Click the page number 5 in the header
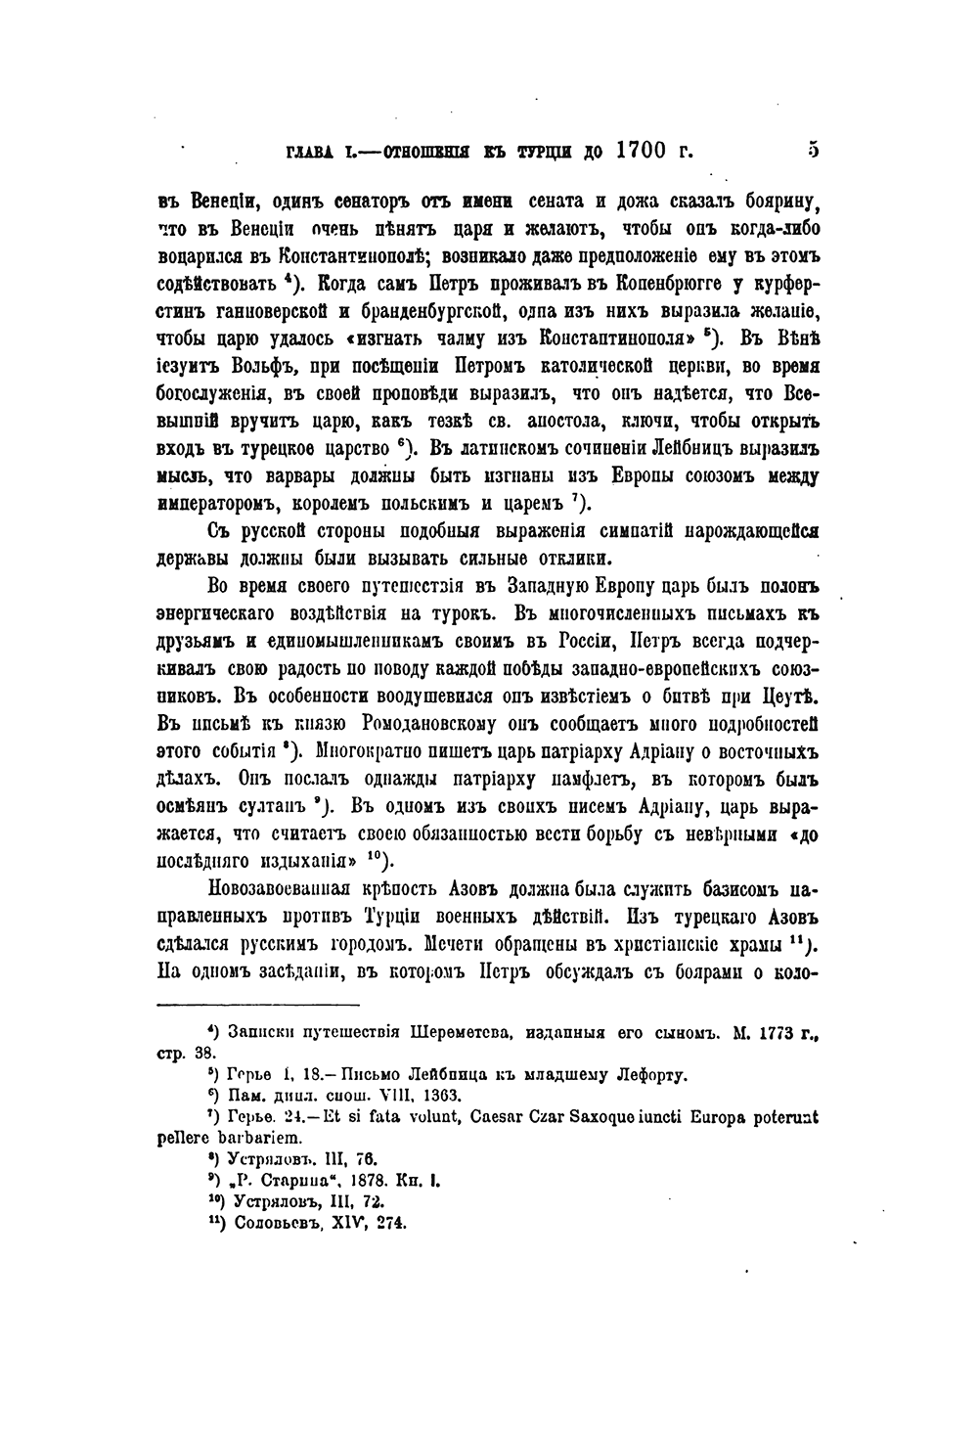(x=813, y=151)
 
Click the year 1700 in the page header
(x=642, y=151)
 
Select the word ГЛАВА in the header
(x=310, y=153)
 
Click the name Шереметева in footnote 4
(x=464, y=1032)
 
